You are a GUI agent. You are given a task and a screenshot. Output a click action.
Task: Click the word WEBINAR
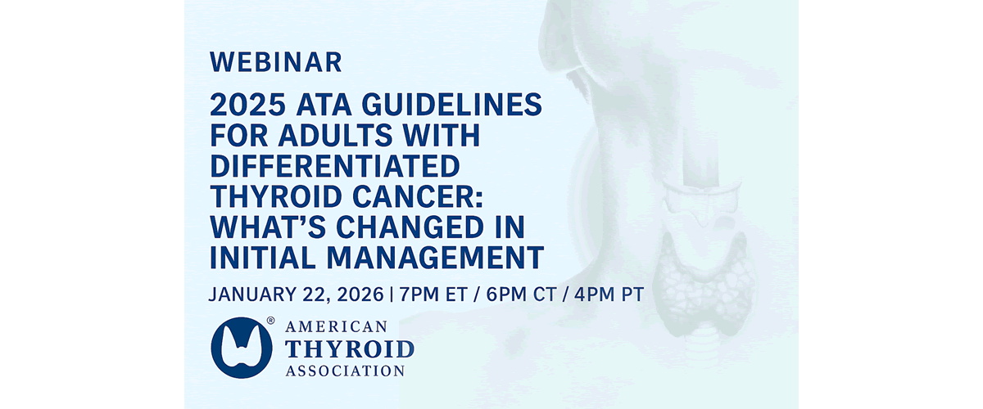275,62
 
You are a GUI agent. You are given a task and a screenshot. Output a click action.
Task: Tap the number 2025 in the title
248,105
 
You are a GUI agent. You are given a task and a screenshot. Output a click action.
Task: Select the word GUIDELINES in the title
451,105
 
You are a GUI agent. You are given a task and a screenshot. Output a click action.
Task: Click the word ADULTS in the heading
335,136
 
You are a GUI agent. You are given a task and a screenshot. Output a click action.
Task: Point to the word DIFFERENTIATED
335,166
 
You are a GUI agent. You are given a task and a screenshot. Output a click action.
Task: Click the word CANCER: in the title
417,197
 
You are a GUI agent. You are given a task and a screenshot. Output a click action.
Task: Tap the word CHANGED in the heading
410,227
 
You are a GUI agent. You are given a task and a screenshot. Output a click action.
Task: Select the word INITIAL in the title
263,258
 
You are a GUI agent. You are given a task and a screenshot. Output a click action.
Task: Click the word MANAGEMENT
435,258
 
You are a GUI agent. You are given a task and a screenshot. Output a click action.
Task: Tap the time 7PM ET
433,294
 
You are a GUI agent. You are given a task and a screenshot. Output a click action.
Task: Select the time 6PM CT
521,294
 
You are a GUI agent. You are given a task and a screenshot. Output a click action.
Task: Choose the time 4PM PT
609,294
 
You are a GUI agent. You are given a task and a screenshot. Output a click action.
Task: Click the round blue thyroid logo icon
242,348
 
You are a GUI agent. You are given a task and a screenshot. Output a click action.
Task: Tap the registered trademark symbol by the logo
271,321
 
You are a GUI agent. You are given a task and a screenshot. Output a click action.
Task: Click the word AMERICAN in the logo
336,326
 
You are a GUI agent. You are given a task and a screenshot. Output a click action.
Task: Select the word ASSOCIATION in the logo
345,371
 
